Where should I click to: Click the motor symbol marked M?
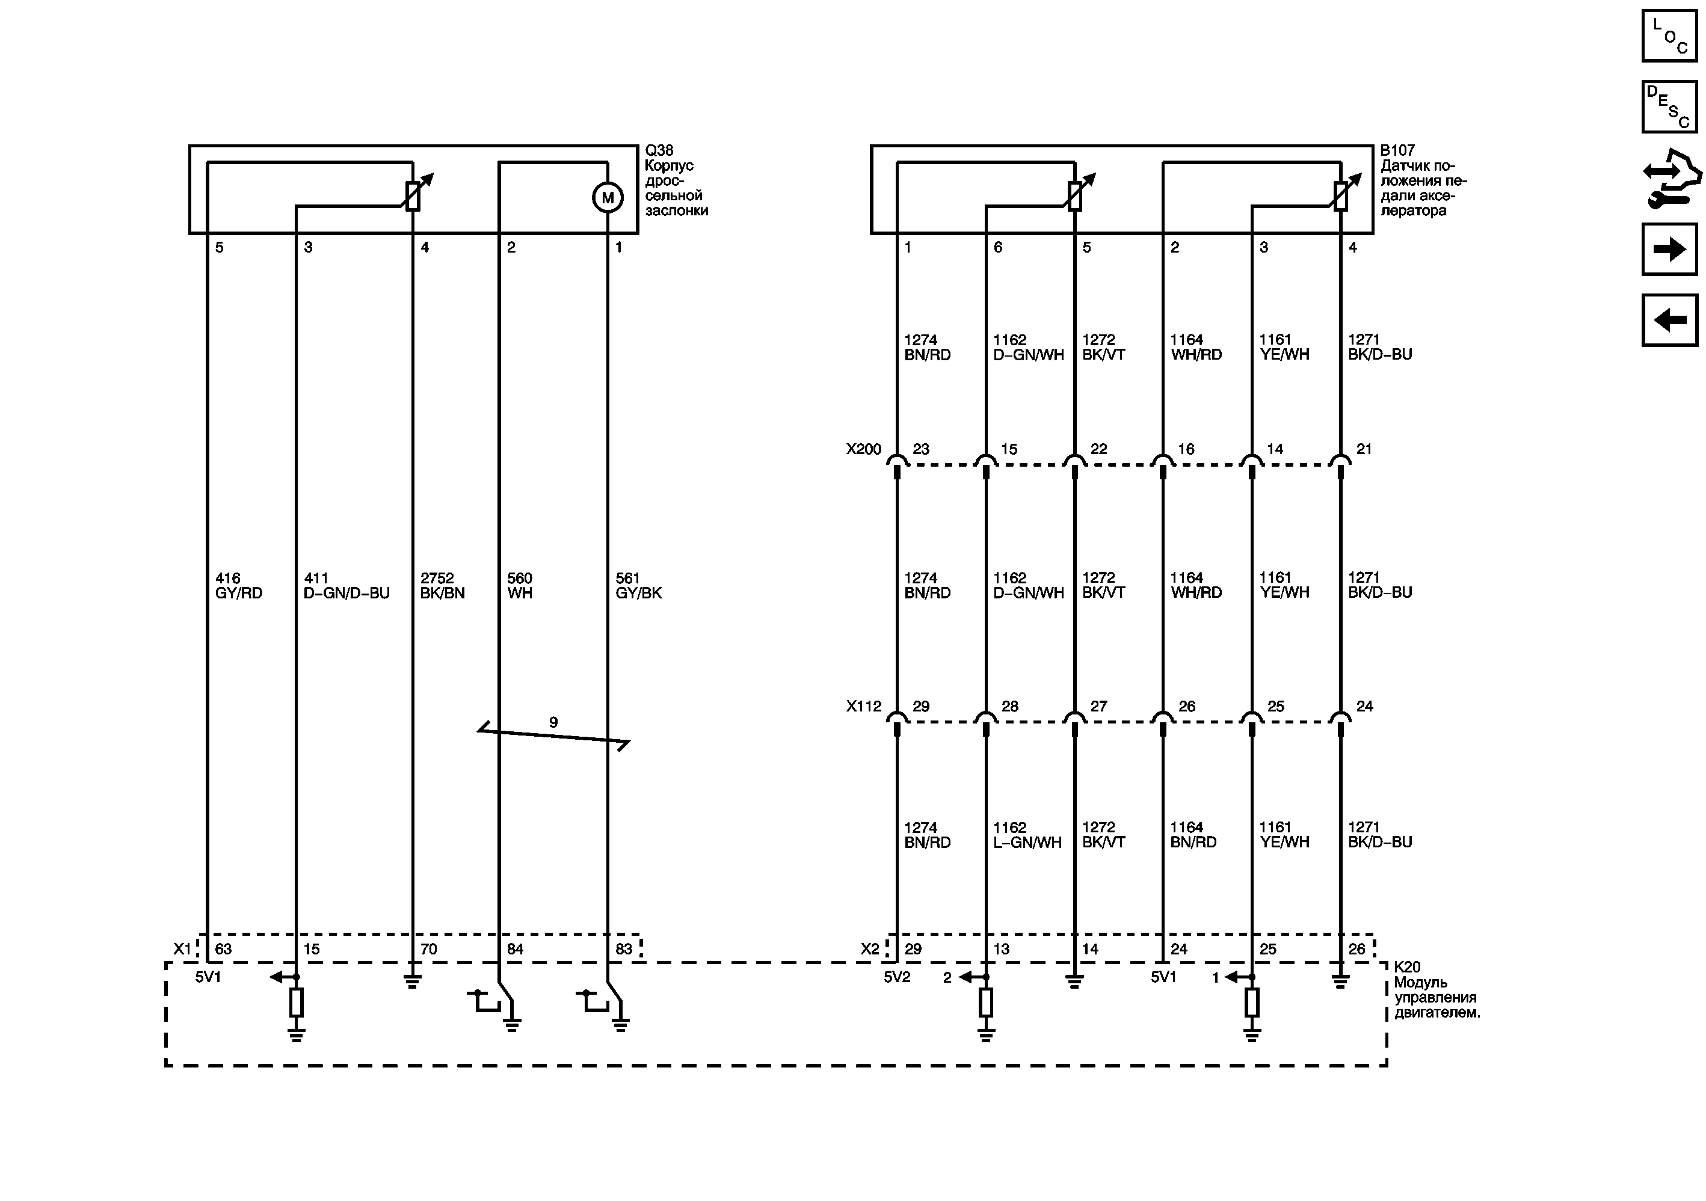click(607, 198)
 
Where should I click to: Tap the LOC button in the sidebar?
click(1669, 35)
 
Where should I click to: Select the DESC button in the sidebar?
click(1669, 106)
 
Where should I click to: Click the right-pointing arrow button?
click(1669, 249)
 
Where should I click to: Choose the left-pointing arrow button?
click(1669, 320)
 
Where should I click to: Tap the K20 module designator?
click(1407, 967)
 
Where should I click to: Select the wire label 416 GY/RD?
click(238, 585)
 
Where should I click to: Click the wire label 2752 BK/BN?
click(442, 585)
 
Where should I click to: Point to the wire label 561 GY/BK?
click(638, 585)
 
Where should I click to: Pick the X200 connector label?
click(863, 449)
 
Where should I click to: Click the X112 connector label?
click(863, 706)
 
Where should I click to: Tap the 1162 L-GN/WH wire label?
click(1027, 835)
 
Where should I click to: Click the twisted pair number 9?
click(553, 722)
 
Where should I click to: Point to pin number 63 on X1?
click(223, 949)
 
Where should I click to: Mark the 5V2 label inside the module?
click(897, 977)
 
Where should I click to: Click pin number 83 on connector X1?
click(623, 949)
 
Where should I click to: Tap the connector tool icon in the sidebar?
click(1671, 178)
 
